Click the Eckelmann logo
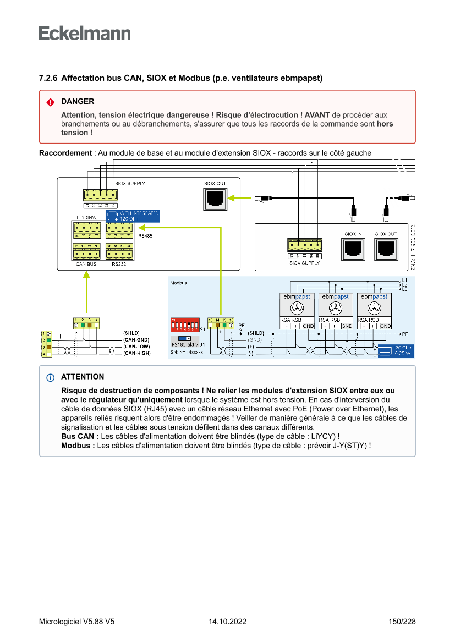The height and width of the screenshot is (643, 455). point(85,34)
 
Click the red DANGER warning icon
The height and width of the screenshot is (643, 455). point(50,102)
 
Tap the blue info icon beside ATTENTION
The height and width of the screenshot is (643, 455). point(51,377)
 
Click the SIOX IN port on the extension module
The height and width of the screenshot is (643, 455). point(353,249)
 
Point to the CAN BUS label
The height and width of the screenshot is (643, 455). point(86,264)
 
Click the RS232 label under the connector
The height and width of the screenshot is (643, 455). point(119,264)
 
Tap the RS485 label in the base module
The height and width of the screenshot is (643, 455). point(145,236)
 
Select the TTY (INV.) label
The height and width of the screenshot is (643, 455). point(86,217)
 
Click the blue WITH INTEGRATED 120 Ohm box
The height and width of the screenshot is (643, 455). point(133,216)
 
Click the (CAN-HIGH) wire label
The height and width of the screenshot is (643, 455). point(136,353)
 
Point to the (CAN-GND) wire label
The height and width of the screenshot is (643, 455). point(136,340)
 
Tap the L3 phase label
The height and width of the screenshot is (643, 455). point(405,289)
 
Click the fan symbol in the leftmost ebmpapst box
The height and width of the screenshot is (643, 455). point(297,307)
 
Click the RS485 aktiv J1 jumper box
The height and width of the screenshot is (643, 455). point(185,342)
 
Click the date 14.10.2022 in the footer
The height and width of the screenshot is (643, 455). point(227,622)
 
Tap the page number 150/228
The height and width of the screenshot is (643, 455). point(402,622)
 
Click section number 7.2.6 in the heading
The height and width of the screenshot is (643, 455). point(48,79)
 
